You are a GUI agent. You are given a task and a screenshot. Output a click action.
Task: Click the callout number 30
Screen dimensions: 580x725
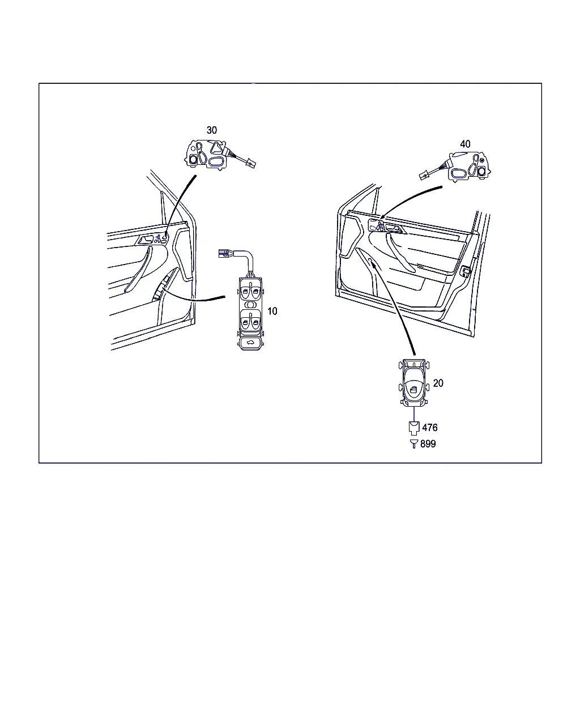point(212,130)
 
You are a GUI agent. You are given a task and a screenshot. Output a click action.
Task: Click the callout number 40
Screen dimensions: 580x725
point(465,144)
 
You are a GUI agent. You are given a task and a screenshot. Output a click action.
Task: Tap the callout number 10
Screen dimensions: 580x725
point(272,312)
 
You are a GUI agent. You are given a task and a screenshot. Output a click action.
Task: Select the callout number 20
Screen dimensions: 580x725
point(438,383)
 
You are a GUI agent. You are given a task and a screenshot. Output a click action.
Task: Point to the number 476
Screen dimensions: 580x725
point(430,428)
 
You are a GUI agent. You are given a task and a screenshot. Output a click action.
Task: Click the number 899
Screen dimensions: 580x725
point(428,444)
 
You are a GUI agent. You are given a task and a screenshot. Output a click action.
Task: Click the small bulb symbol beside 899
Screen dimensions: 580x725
point(414,443)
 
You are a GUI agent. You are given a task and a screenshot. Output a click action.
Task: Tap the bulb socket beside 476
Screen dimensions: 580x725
point(414,428)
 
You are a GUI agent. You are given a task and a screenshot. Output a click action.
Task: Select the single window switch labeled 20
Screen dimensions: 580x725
point(414,383)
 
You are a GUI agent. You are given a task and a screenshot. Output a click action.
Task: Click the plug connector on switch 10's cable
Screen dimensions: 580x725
point(224,253)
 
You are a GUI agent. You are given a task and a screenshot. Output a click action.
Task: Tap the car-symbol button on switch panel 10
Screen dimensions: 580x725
point(251,343)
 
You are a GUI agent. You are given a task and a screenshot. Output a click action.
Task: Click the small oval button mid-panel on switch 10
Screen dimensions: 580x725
point(251,305)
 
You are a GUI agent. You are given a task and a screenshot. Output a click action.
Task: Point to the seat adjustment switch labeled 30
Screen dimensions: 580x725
point(207,154)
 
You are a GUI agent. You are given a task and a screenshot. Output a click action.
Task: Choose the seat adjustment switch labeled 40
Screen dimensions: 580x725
point(469,167)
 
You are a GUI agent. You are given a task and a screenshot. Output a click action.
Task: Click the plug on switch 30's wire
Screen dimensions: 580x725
point(251,164)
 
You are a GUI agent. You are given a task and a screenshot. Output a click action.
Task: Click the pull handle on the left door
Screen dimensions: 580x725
point(138,270)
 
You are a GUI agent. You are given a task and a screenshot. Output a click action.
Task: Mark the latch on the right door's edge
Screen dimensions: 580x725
point(466,271)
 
